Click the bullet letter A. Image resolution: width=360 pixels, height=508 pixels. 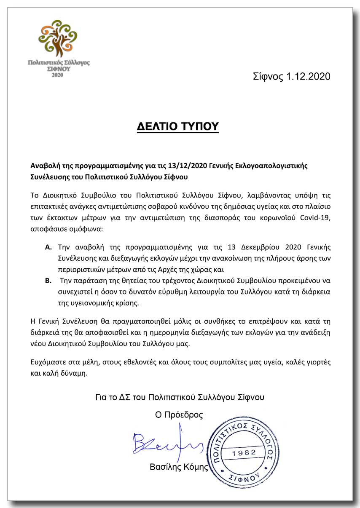pyautogui.click(x=48, y=246)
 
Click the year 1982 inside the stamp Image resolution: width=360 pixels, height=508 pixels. pyautogui.click(x=244, y=452)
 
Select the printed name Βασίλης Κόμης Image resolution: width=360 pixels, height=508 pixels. pyautogui.click(x=179, y=467)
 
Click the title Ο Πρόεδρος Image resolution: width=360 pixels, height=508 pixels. pyautogui.click(x=179, y=415)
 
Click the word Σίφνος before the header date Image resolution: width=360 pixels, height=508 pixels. pyautogui.click(x=268, y=77)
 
